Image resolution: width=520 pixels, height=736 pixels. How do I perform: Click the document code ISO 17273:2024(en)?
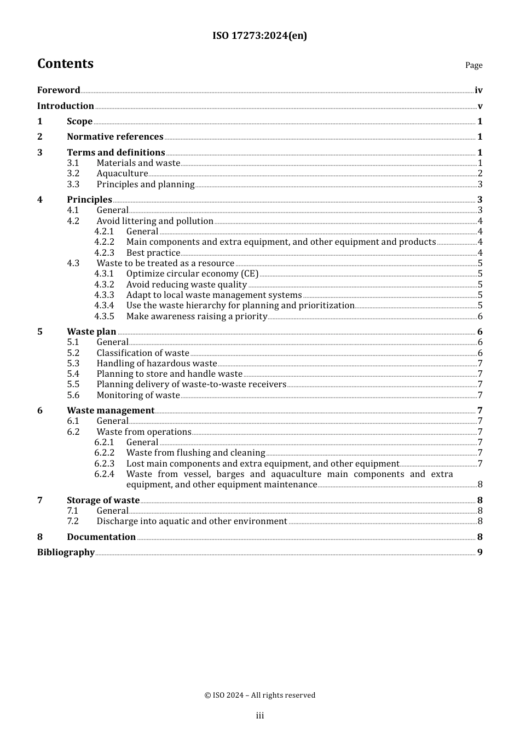[x=259, y=36]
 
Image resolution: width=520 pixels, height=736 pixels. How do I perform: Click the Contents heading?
[x=65, y=64]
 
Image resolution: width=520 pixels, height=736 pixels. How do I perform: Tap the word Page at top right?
[x=473, y=65]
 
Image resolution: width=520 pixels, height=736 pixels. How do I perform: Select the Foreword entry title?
[x=59, y=90]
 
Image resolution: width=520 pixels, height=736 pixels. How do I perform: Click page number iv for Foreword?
[x=478, y=90]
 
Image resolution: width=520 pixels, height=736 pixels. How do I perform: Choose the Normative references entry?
[x=115, y=137]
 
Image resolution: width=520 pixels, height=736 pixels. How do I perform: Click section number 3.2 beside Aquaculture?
[x=73, y=174]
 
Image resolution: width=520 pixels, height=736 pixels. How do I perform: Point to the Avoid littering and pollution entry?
[x=155, y=221]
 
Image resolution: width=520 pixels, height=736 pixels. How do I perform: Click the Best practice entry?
[x=153, y=253]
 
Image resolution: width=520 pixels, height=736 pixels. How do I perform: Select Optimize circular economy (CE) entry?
[x=192, y=274]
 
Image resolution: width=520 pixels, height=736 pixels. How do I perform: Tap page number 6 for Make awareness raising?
[x=480, y=317]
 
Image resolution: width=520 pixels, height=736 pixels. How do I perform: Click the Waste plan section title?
[x=91, y=332]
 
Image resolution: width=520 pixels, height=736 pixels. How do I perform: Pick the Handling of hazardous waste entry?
[x=157, y=364]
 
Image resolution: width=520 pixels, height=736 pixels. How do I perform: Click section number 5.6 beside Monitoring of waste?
[x=73, y=395]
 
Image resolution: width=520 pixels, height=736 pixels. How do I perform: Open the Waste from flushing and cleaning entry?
[x=195, y=453]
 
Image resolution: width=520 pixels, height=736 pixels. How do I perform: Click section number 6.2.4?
[x=104, y=474]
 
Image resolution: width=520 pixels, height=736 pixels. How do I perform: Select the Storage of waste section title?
[x=103, y=501]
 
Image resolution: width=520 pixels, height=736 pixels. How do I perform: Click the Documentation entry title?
[x=101, y=537]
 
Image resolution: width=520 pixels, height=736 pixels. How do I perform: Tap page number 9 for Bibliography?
[x=480, y=553]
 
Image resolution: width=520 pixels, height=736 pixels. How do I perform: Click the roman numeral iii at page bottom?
[x=260, y=716]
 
